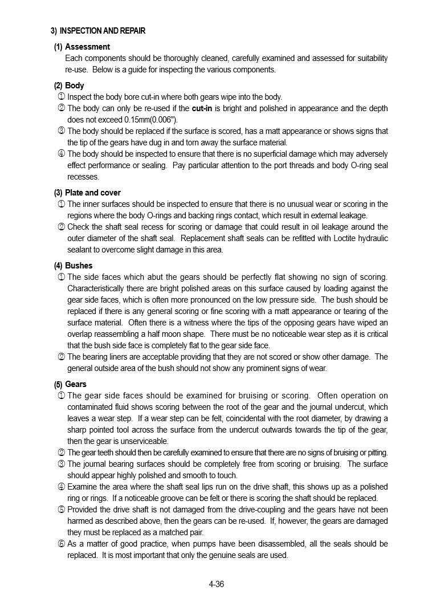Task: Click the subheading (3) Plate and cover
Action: [87, 193]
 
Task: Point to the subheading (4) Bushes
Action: [73, 266]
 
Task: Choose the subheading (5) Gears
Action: [71, 384]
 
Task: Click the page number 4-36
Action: [217, 584]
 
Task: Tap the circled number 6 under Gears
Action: [61, 544]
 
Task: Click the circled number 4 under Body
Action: [61, 154]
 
